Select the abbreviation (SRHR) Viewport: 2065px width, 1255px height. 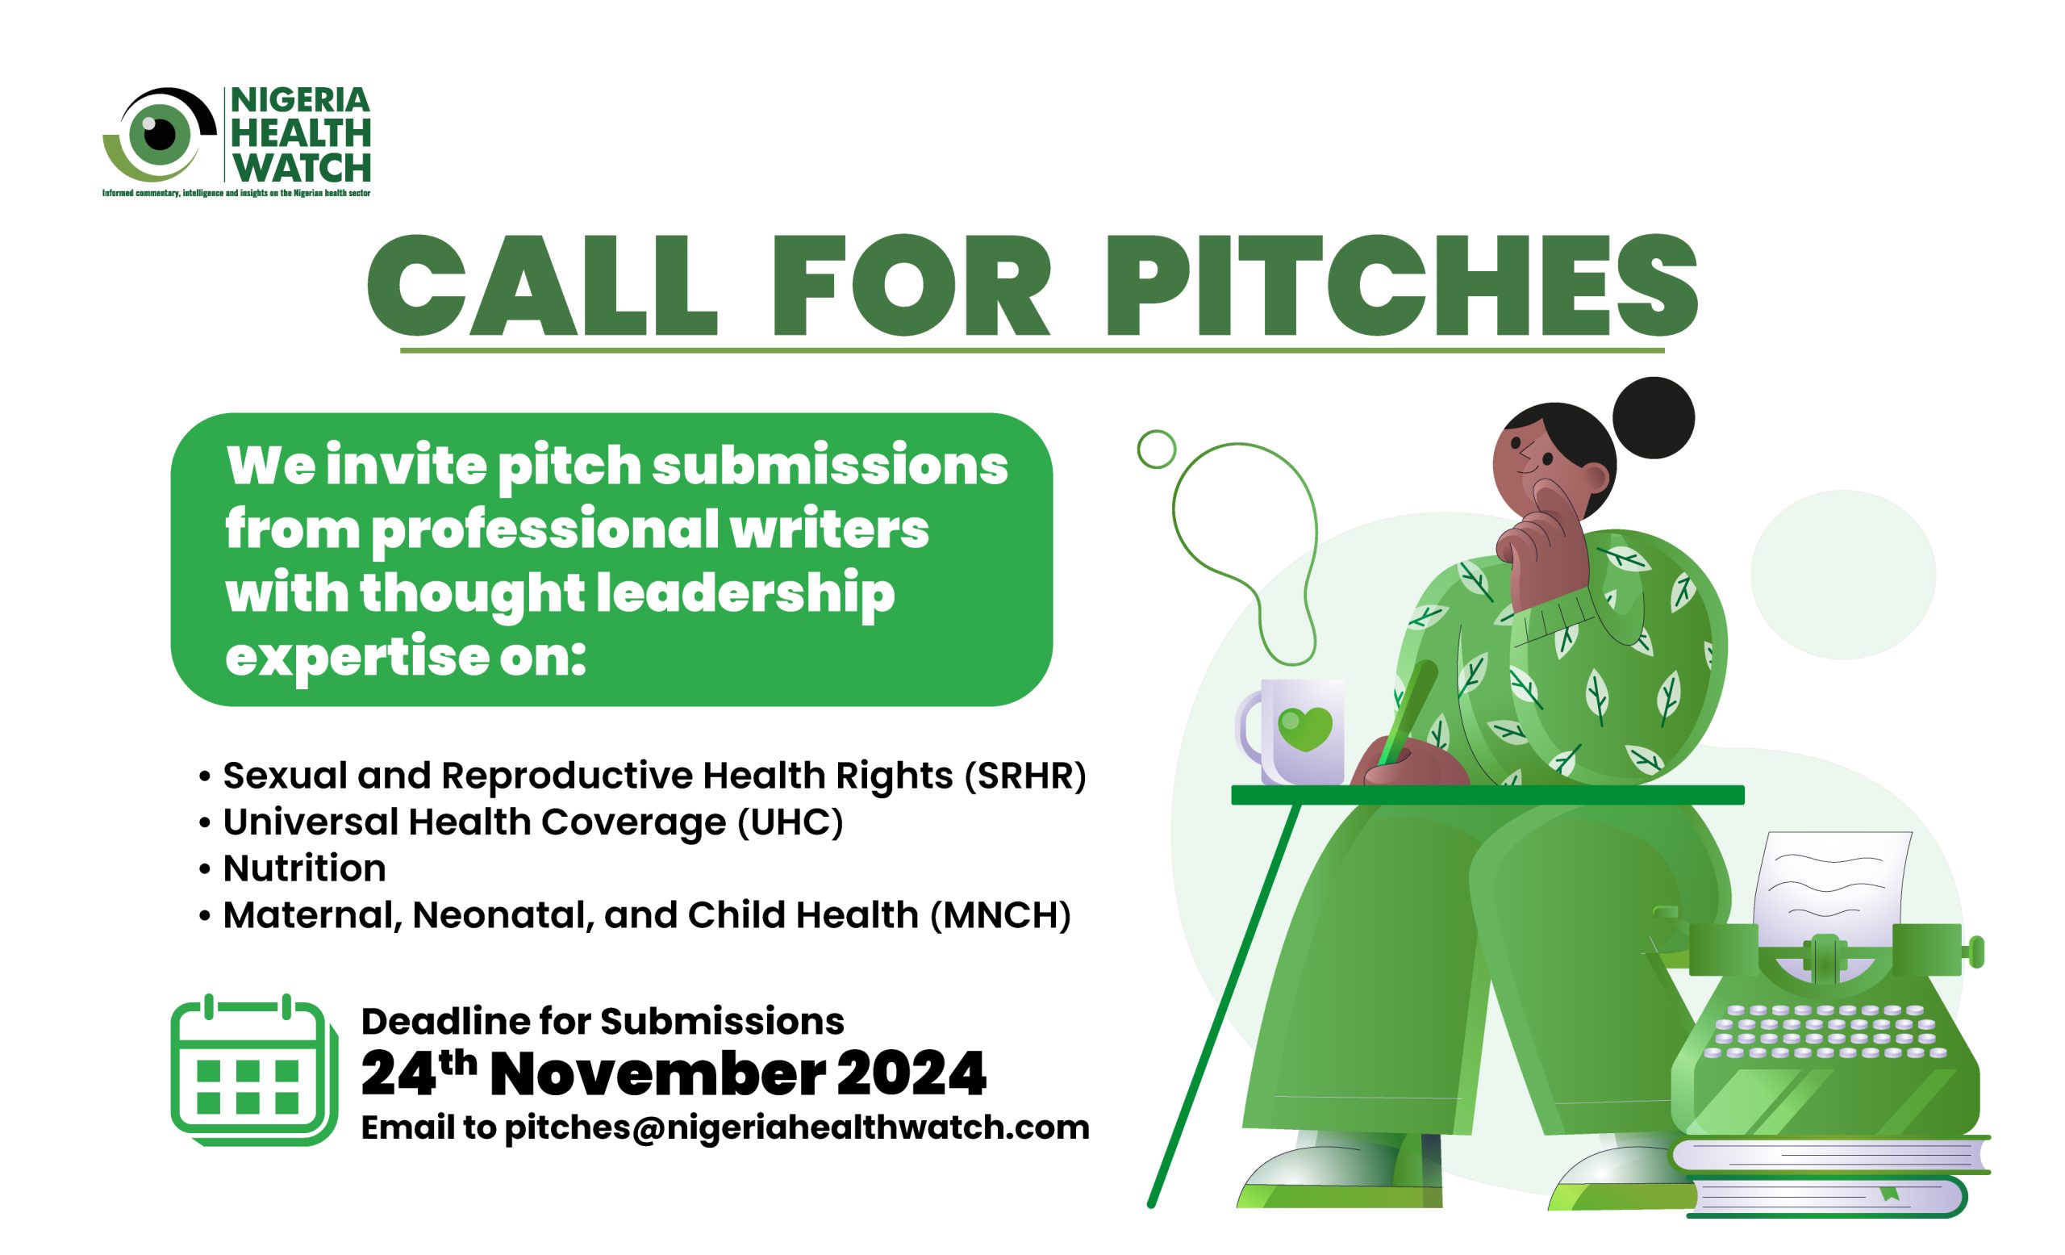1025,776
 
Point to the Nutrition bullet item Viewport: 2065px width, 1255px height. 304,868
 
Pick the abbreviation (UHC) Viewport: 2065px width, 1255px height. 791,822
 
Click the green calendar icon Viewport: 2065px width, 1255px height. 254,1069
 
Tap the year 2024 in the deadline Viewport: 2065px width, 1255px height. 912,1073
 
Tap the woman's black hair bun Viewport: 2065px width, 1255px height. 1654,417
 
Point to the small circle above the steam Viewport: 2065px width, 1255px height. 1157,449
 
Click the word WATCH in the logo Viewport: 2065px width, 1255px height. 302,168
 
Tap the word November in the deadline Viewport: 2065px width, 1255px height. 658,1073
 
